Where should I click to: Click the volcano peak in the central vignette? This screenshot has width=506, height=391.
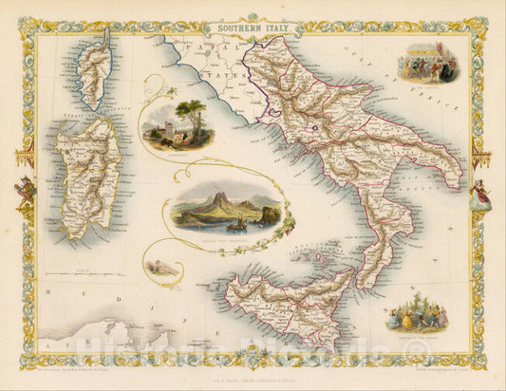coord(221,202)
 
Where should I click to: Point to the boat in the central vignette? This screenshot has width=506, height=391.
coord(234,224)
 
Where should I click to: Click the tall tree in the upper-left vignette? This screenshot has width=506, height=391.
coord(194,116)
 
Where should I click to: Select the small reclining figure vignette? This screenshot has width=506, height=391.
coord(164,270)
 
